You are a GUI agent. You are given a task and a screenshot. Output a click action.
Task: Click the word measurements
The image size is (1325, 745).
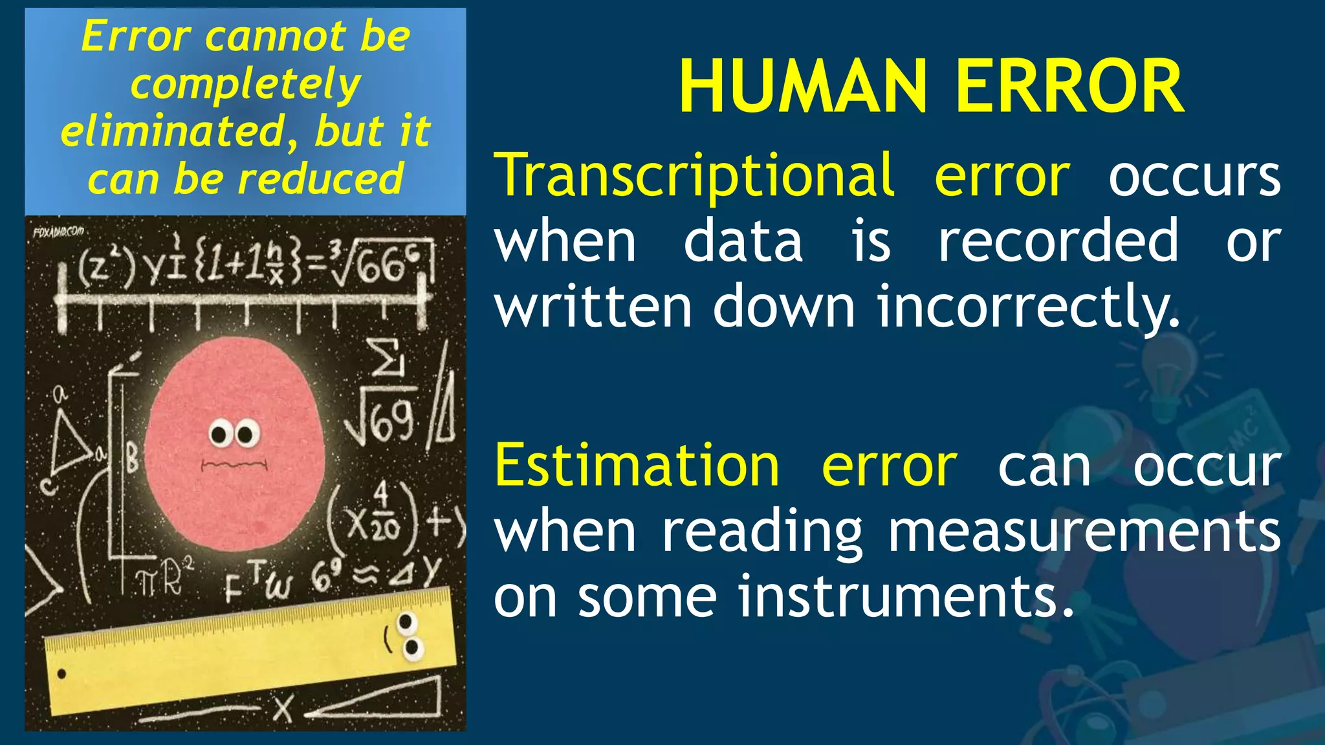tap(1084, 532)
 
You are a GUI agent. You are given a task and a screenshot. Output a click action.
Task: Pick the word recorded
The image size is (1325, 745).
tap(1058, 241)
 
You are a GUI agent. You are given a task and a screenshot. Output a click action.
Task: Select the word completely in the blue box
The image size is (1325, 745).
tap(245, 85)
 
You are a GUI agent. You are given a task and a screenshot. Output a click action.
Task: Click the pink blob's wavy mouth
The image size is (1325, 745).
tap(234, 464)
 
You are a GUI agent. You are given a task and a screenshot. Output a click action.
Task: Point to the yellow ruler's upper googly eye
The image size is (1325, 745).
tap(406, 623)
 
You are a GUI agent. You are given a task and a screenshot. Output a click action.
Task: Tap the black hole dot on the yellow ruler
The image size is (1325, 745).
tap(62, 674)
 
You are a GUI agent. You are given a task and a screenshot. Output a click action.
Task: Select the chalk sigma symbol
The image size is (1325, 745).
tap(386, 358)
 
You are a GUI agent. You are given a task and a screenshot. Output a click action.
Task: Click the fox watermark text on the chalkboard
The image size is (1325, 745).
tap(58, 231)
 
